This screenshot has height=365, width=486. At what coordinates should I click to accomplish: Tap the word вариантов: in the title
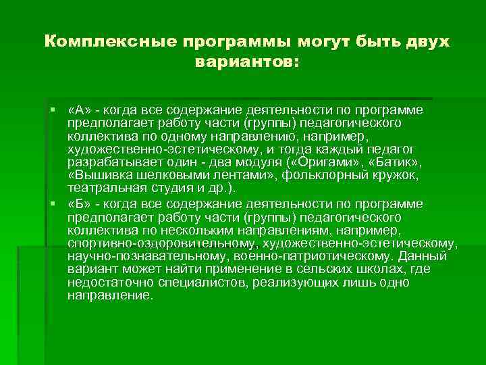point(246,62)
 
